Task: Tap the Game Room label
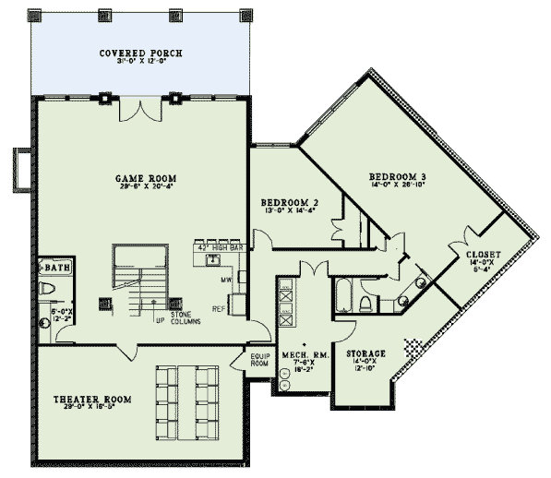pos(146,178)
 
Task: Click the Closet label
pos(483,254)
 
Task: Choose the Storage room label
pos(365,353)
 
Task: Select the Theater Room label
pos(92,400)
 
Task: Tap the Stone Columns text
pos(182,320)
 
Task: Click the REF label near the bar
pos(219,308)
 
